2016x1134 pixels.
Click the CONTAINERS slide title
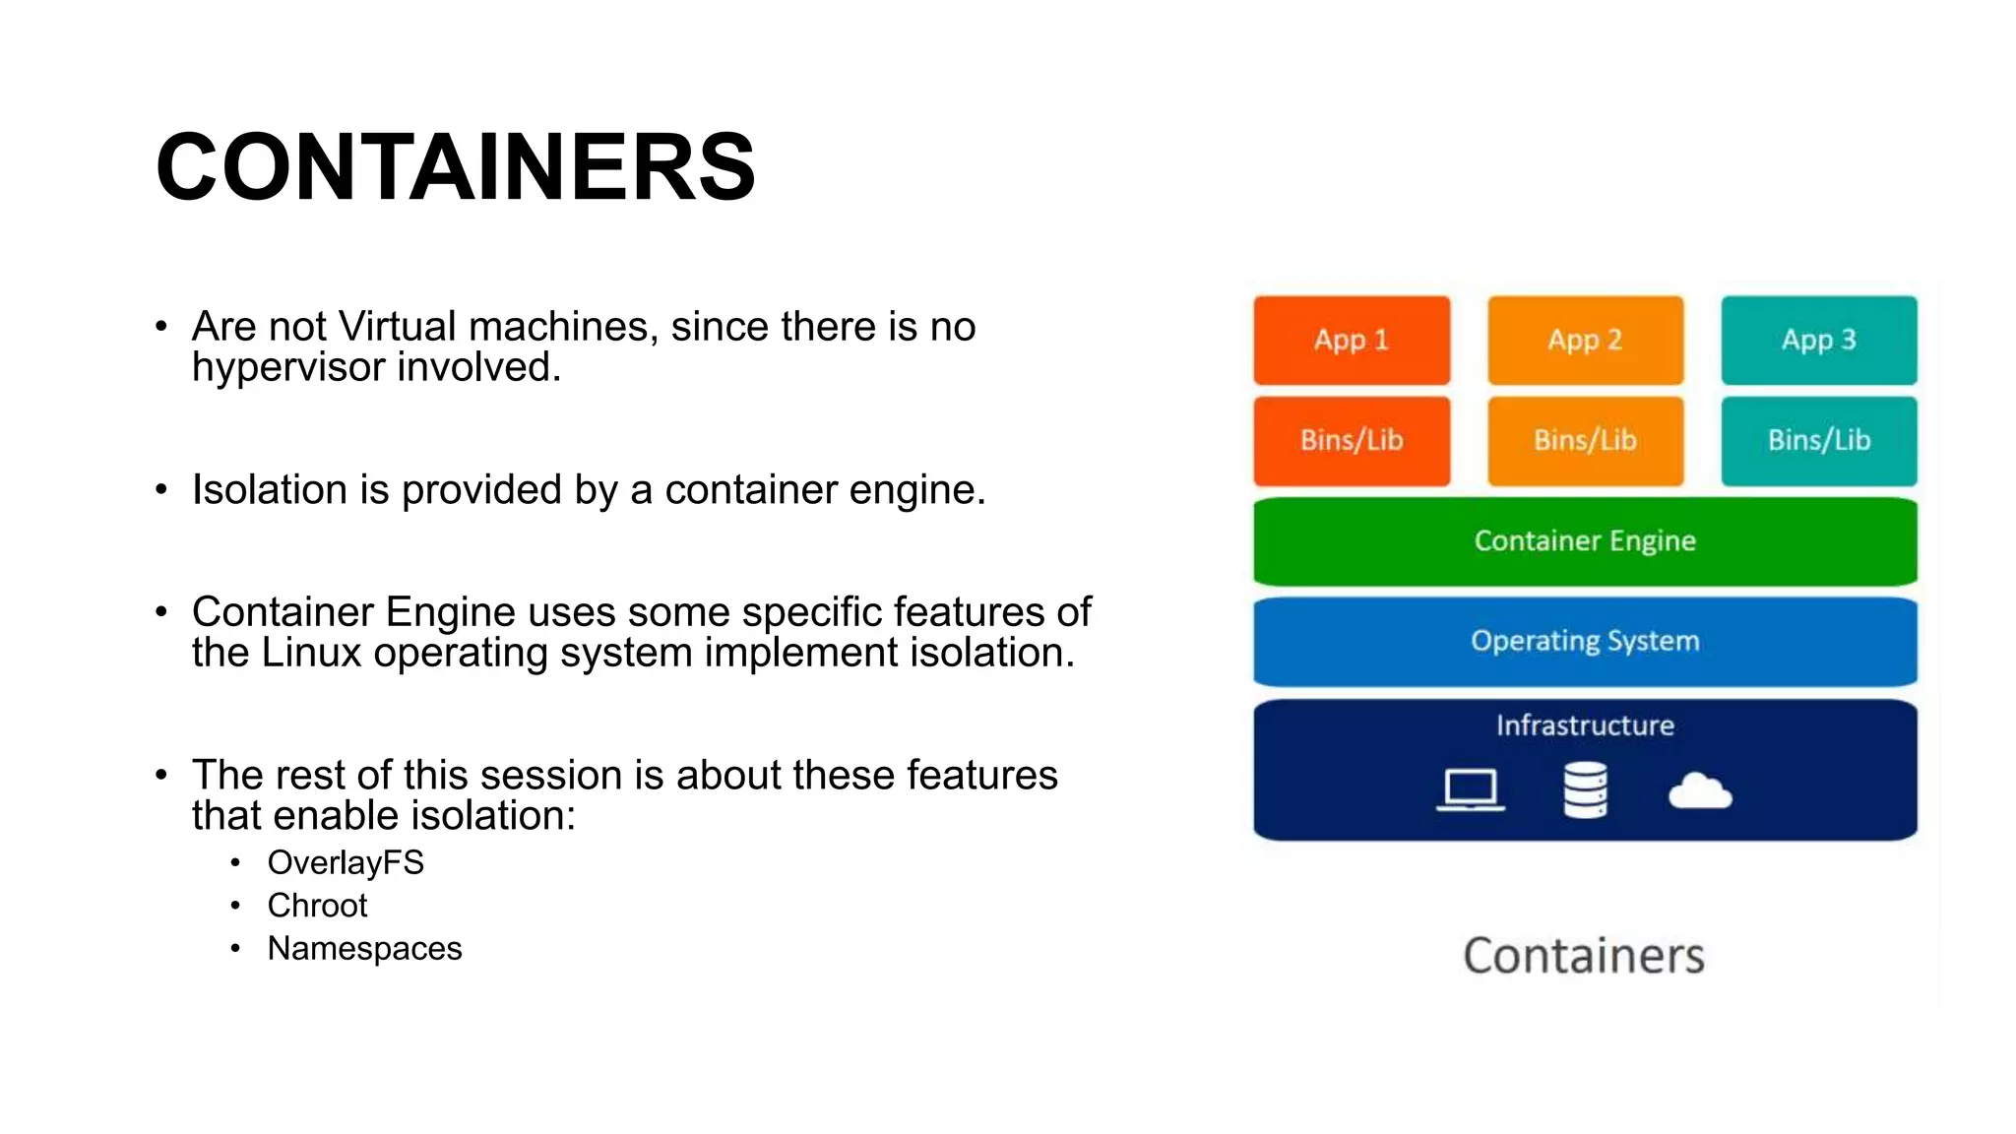coord(456,167)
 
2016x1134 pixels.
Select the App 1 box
coord(1351,340)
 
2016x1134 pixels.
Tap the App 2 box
coord(1585,340)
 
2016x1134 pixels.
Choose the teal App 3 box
coord(1818,340)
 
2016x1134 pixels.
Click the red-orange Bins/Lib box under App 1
coord(1351,440)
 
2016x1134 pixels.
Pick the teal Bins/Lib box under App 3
coord(1818,440)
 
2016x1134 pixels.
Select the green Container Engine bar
coord(1585,540)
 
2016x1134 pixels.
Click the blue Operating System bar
coord(1585,641)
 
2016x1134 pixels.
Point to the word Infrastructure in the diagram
coord(1585,725)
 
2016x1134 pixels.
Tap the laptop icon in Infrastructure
coord(1470,790)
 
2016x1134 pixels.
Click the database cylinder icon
coord(1585,789)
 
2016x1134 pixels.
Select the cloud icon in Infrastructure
coord(1700,791)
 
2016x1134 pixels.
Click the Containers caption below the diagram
coord(1583,956)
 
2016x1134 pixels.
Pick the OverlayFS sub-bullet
coord(346,862)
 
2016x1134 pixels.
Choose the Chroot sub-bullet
coord(317,906)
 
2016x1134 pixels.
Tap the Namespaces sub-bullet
coord(364,949)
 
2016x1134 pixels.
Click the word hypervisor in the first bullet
coord(288,368)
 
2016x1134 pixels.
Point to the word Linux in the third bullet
coord(311,653)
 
